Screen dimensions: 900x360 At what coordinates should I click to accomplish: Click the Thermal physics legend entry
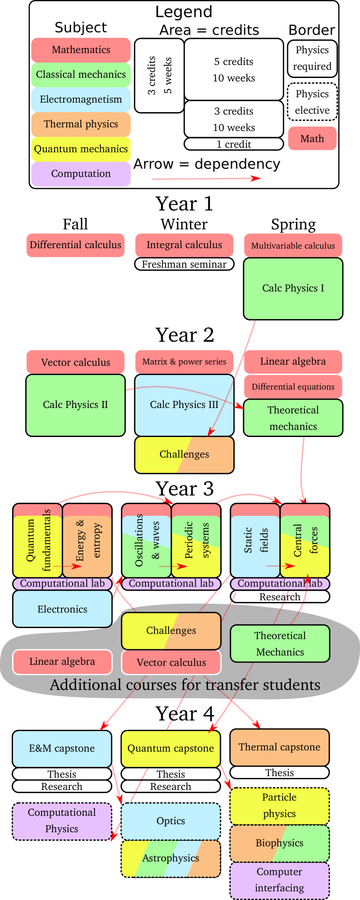81,124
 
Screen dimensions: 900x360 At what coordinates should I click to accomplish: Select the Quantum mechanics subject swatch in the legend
81,149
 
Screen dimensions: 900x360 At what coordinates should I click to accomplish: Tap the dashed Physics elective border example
312,102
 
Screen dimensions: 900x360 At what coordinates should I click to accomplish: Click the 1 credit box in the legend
234,144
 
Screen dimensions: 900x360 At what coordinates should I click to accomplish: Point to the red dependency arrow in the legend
206,178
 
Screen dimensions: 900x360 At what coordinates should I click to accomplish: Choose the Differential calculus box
75,245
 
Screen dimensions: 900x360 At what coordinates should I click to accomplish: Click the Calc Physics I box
293,288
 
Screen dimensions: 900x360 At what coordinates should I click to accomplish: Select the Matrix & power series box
184,362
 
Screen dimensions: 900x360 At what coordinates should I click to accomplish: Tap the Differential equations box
293,387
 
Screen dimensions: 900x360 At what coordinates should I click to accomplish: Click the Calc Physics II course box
75,405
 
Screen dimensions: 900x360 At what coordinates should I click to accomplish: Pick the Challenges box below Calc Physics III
184,454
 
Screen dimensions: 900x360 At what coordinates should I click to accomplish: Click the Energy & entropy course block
87,541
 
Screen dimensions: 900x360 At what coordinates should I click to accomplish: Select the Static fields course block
255,541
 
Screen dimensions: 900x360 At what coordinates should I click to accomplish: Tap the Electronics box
62,609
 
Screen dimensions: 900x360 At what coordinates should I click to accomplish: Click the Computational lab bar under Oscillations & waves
171,583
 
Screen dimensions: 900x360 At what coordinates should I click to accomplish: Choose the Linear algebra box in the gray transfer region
62,662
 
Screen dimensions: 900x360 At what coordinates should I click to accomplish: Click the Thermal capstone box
279,747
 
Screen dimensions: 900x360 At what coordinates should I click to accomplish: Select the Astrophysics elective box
171,858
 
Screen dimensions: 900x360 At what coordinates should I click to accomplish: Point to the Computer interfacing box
279,880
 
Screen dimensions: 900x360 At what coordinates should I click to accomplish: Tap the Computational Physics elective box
62,821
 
